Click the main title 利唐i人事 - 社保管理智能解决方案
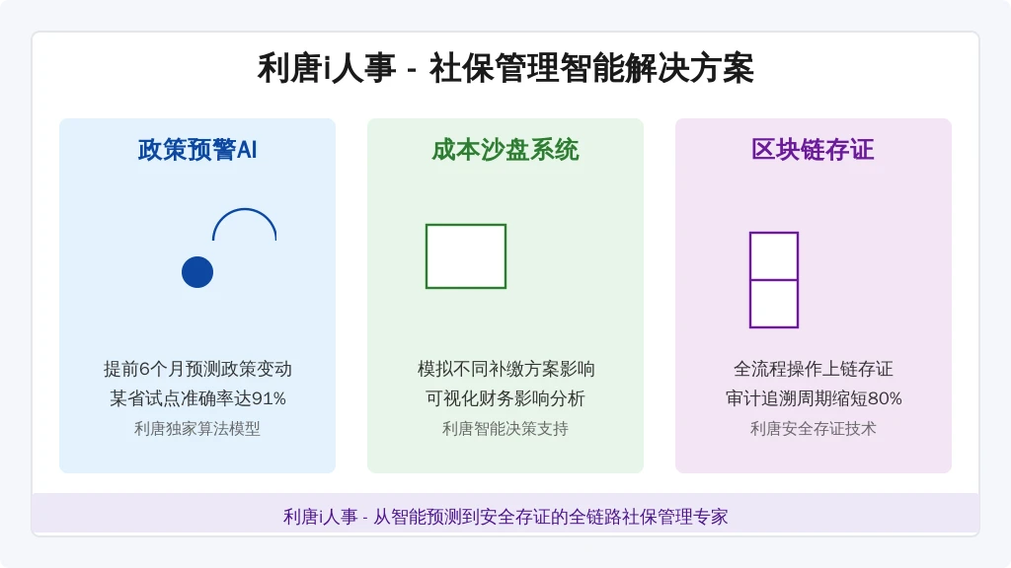coord(505,68)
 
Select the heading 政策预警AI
coord(197,150)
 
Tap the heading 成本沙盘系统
coord(505,150)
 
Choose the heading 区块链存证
coord(814,150)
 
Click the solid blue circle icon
coord(197,272)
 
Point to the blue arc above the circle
coord(245,209)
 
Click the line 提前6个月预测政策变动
coord(197,369)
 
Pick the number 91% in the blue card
coord(269,398)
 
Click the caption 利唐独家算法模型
coord(197,428)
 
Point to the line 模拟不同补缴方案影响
coord(505,369)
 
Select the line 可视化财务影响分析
coord(505,398)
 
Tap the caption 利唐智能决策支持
coord(505,428)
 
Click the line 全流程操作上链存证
coord(814,369)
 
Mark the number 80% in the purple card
coord(885,398)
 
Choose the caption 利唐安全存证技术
coord(814,428)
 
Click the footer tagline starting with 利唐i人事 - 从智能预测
coord(505,517)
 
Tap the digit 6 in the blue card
coord(144,369)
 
